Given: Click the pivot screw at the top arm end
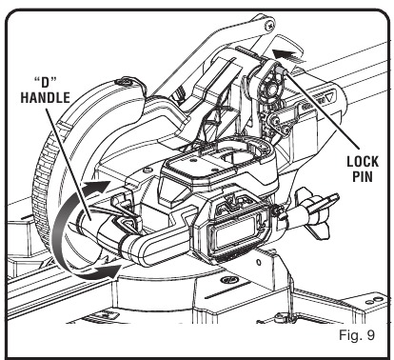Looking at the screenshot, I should [x=271, y=24].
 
